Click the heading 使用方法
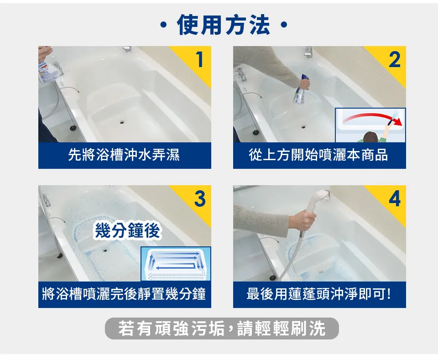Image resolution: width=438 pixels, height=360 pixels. point(223,25)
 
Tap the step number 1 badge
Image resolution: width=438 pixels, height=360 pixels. point(199,59)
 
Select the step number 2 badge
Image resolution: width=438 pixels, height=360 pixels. point(394,59)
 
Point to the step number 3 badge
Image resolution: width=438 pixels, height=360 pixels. point(200,198)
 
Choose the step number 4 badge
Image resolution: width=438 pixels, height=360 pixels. point(394,198)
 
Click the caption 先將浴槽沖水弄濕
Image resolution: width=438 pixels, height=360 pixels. point(124,155)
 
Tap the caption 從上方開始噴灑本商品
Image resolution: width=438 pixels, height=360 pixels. point(318,155)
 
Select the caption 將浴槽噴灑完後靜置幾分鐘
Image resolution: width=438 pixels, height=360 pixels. point(124,294)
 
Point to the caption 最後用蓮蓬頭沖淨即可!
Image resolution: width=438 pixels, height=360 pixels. point(319,294)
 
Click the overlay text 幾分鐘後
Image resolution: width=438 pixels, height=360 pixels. point(127,230)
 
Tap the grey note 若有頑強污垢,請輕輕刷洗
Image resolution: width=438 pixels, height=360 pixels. point(222,329)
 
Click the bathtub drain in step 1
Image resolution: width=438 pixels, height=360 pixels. point(122,122)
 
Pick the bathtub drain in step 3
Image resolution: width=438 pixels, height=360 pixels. point(105,250)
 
